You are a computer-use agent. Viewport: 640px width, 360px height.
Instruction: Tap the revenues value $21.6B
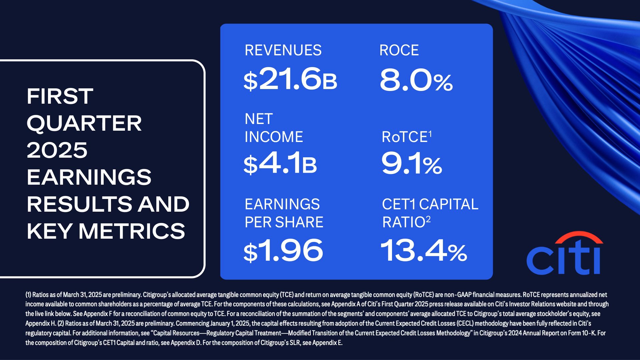[x=290, y=79]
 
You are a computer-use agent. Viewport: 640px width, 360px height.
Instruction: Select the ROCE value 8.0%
[x=416, y=80]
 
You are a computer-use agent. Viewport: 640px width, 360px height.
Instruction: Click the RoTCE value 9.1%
[x=412, y=163]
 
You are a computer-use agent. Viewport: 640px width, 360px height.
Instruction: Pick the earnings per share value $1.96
[x=283, y=251]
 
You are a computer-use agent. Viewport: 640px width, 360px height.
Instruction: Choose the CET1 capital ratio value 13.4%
[x=423, y=251]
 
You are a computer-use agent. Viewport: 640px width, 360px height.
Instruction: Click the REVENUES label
[x=283, y=50]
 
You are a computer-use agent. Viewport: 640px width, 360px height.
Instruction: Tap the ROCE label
[x=399, y=50]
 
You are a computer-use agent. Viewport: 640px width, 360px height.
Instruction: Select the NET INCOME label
[x=274, y=128]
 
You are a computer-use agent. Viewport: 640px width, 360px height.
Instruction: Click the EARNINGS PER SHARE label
[x=284, y=213]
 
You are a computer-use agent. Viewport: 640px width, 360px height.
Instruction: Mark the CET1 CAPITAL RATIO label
[x=430, y=213]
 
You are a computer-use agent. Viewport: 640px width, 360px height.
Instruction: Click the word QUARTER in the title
[x=84, y=124]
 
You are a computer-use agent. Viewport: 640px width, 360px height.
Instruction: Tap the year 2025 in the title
[x=57, y=150]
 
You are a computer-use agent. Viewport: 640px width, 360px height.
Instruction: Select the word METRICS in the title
[x=132, y=231]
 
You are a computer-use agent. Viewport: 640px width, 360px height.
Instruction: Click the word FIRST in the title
[x=60, y=96]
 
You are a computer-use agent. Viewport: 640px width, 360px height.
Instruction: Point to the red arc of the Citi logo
[x=579, y=236]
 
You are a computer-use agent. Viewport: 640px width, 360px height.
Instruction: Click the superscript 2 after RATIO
[x=428, y=219]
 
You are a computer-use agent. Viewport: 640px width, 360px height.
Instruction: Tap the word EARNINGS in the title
[x=89, y=177]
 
